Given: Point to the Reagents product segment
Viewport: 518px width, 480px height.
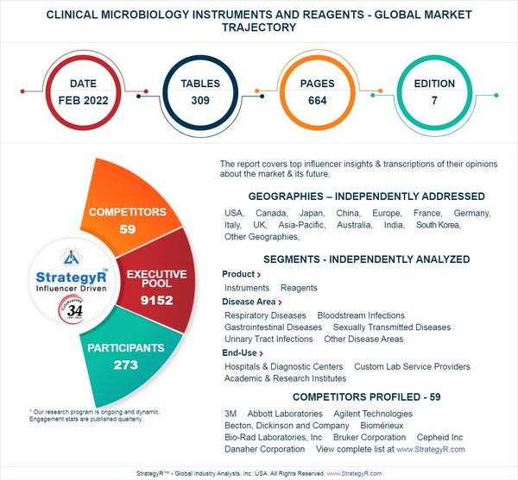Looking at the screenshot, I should click(299, 288).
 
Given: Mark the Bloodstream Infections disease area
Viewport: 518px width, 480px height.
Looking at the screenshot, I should click(361, 315).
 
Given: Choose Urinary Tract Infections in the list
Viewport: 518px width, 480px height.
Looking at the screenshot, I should click(269, 340).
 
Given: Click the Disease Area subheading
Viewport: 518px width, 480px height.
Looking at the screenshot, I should click(249, 302).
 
